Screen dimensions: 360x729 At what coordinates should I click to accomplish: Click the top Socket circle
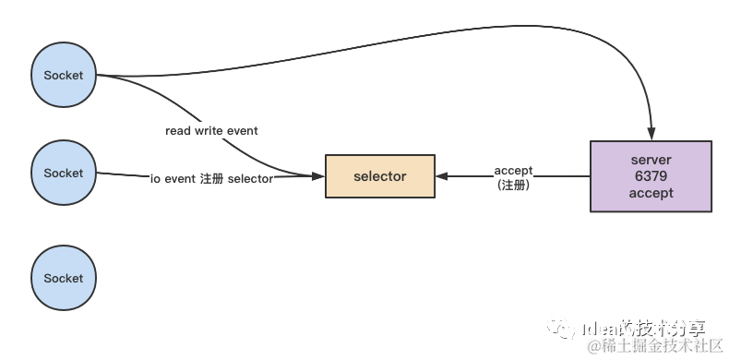coord(64,75)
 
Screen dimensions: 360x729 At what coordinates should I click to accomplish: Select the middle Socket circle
coord(64,173)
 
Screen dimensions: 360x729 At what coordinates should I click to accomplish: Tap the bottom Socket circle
coord(64,278)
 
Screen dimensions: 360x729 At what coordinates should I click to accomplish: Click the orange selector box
coord(379,175)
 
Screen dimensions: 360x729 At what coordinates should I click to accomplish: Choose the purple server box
coord(651,175)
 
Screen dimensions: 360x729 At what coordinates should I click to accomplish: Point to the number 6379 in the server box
coord(651,176)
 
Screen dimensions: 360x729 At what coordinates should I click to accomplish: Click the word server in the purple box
coord(651,160)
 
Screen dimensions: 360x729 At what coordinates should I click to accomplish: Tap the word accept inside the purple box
coord(651,193)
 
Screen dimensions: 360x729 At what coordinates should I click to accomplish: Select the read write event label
coord(211,131)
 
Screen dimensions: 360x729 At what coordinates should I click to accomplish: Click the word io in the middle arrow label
coord(155,179)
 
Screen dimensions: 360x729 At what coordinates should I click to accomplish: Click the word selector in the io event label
coord(250,179)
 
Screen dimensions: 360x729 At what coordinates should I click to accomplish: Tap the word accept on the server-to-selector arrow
coord(513,170)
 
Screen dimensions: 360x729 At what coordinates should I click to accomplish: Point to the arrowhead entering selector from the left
coord(318,175)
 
